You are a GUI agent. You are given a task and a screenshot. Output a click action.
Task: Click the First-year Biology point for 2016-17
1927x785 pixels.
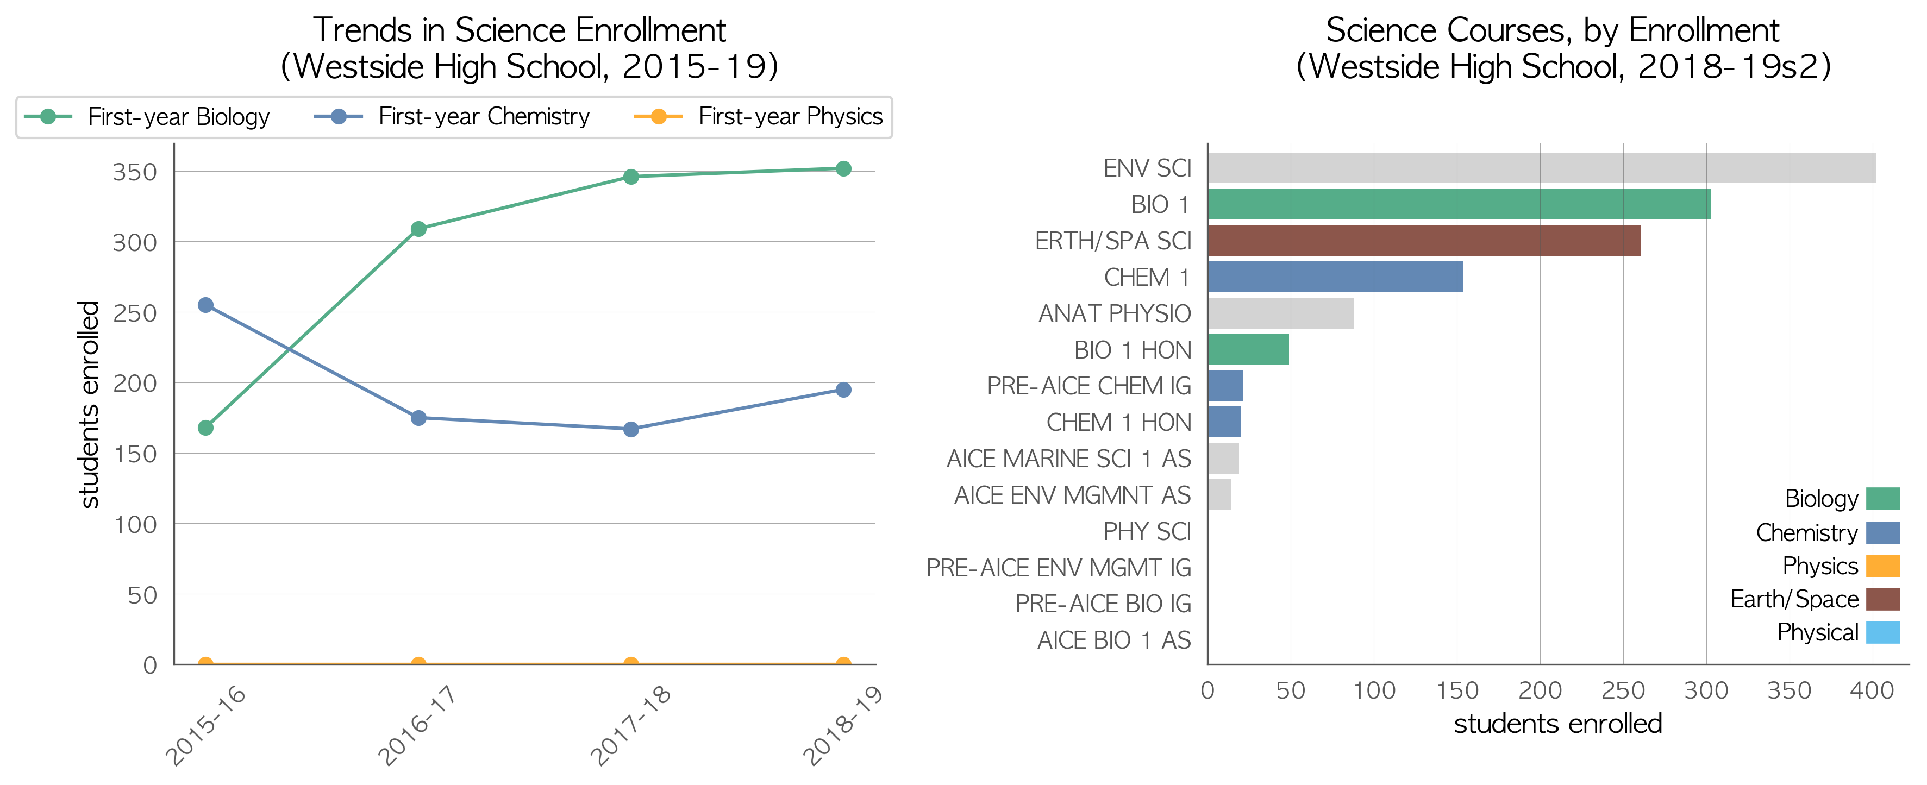coord(419,229)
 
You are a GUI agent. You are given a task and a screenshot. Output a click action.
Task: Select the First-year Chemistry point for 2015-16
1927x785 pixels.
coord(206,305)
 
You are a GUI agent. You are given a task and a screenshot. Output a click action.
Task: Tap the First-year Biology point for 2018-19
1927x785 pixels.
coord(843,169)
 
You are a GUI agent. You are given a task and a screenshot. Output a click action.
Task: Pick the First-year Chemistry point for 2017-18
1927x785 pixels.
coord(630,429)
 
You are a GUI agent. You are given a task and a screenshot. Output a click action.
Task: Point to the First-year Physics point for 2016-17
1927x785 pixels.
coord(419,663)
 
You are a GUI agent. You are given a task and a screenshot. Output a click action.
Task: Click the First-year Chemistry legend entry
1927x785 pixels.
coord(452,117)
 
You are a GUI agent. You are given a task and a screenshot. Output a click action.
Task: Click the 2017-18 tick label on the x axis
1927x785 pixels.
coord(630,725)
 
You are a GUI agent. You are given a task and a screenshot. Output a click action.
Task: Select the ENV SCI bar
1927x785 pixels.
coord(1542,168)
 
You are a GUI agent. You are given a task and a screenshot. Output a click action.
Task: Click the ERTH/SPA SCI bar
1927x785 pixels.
coord(1424,241)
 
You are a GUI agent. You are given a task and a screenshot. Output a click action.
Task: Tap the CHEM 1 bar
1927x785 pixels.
coord(1335,277)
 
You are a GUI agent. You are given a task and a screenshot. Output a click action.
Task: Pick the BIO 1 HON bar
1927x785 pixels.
coord(1248,349)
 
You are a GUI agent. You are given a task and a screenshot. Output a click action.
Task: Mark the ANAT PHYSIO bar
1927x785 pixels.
coord(1281,313)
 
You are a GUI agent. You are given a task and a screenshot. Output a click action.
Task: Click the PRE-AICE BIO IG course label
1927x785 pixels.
coord(1103,604)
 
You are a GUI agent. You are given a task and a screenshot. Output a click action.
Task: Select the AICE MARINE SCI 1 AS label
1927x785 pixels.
coord(1068,459)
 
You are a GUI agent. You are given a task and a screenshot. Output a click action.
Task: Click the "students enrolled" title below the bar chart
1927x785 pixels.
coord(1558,724)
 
